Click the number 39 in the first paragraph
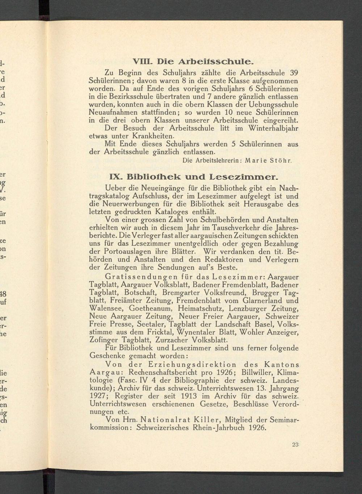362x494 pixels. point(294,72)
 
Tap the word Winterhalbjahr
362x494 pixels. point(273,129)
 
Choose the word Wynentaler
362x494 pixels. point(201,332)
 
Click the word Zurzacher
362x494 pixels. point(172,340)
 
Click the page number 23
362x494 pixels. point(295,445)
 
